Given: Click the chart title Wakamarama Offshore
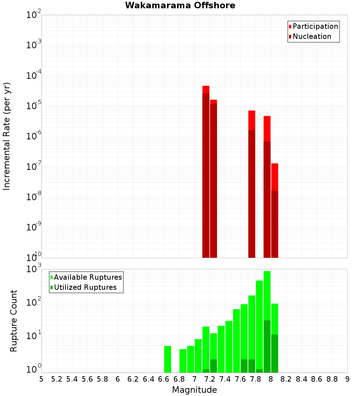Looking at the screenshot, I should coord(180,5).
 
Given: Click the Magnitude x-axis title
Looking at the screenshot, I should coord(194,390).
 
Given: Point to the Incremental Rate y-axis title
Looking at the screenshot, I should coord(7,136).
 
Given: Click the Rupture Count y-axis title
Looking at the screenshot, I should coord(14,320).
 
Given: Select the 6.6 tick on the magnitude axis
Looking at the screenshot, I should coord(163,379).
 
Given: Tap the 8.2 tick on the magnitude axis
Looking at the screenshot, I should coord(286,379).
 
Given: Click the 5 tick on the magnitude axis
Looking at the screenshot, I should coord(41,379).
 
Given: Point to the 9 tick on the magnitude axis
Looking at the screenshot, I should coord(347,379).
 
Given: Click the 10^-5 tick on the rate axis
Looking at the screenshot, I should coord(34,105).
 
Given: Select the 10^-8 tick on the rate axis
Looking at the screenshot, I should coord(34,196).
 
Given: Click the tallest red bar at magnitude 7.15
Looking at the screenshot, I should coord(206,171).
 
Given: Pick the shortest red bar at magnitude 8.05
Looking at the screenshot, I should coord(275,211).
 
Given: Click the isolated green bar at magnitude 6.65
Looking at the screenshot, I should coord(167,359).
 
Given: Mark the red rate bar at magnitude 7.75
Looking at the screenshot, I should coord(252,184).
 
